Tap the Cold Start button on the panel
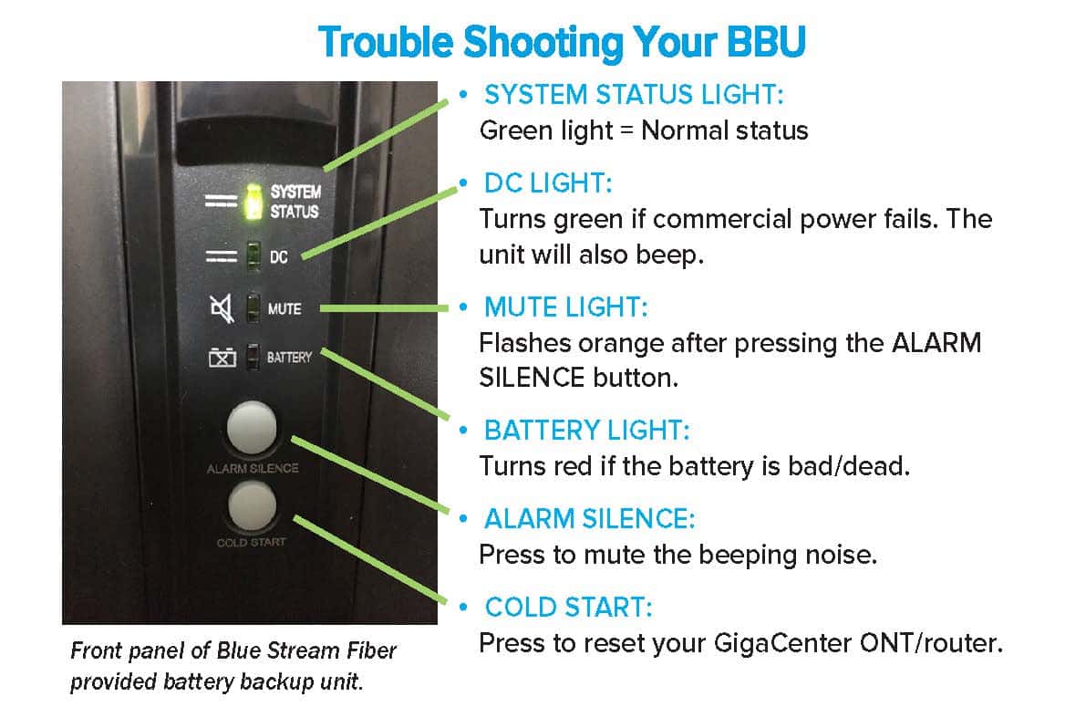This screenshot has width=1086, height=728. pyautogui.click(x=253, y=505)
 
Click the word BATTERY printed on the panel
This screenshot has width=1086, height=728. pyautogui.click(x=289, y=357)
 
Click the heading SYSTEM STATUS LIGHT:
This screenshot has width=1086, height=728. pyautogui.click(x=634, y=95)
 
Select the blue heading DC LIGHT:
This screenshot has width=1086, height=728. pyautogui.click(x=548, y=183)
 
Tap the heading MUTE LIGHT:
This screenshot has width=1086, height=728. pyautogui.click(x=565, y=307)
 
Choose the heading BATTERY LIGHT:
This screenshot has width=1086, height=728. pyautogui.click(x=586, y=430)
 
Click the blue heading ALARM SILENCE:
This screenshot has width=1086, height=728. pyautogui.click(x=589, y=519)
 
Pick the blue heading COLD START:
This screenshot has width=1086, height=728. pyautogui.click(x=568, y=607)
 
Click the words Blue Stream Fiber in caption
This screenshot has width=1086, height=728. pyautogui.click(x=306, y=651)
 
